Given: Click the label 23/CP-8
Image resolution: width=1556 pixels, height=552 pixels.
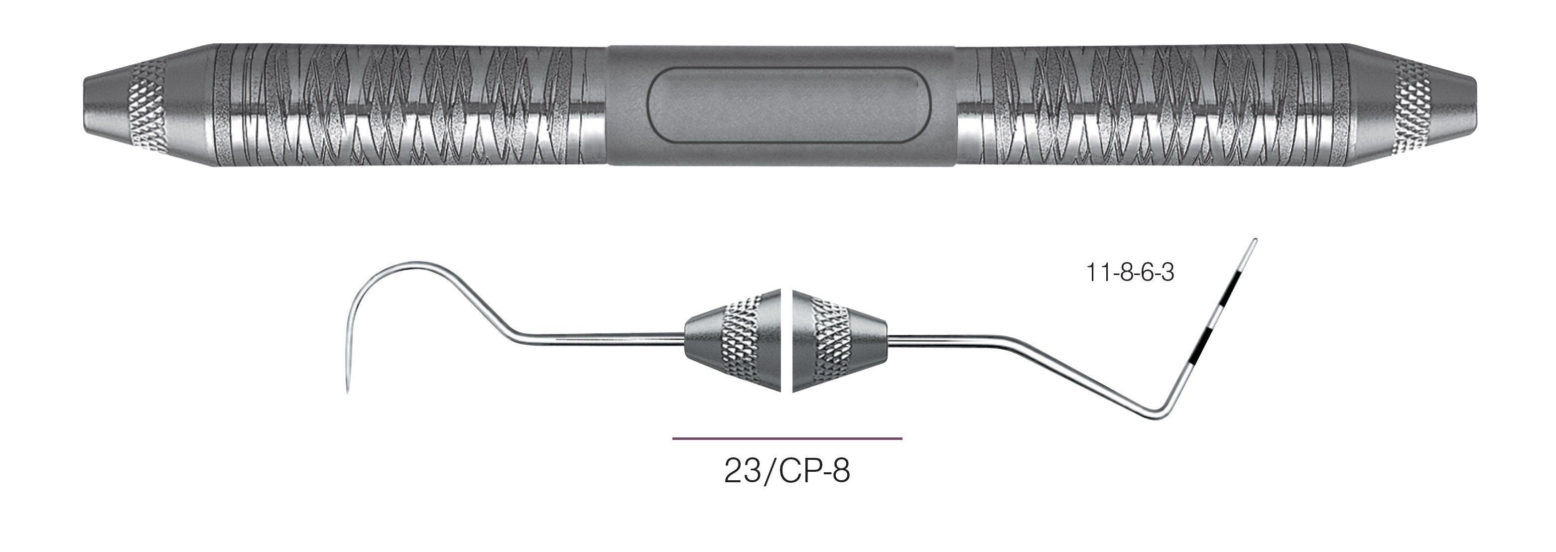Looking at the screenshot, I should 786,472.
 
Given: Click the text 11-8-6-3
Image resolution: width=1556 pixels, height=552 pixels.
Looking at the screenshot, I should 1130,273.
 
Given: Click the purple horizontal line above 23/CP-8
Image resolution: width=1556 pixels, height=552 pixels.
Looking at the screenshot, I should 786,438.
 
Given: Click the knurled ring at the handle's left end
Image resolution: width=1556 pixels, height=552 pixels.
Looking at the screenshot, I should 145,105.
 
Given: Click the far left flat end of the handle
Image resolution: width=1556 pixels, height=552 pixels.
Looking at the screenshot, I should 85,105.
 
